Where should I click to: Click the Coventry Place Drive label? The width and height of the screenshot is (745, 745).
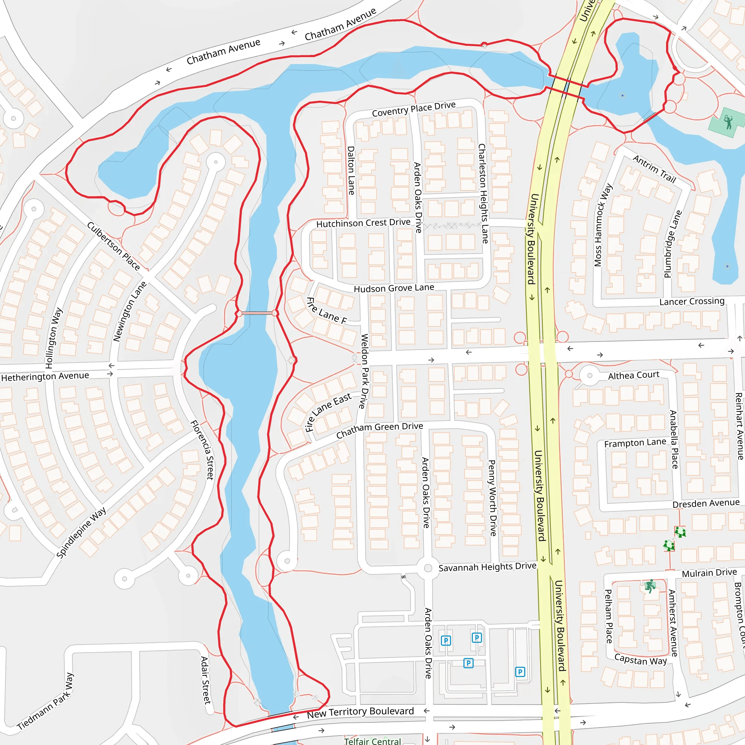coord(413,109)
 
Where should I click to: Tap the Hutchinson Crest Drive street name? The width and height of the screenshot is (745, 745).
coord(363,223)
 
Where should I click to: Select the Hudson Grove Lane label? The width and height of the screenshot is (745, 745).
coord(394,288)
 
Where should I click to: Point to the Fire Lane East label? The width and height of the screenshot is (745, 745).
coord(328,411)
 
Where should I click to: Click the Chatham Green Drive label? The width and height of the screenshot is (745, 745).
coord(379,430)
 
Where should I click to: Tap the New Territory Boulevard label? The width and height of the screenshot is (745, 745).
coord(360,713)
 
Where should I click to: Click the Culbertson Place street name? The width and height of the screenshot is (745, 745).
coord(113,246)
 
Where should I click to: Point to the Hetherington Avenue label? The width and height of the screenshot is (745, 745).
coord(45,377)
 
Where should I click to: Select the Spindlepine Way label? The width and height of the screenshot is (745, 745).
coord(81,533)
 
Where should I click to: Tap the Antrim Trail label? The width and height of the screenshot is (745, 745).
coord(654,169)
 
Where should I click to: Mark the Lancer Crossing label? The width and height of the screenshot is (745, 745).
coord(692,301)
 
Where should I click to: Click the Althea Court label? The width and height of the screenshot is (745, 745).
coord(634,375)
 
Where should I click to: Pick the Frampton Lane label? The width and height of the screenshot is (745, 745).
coord(635,443)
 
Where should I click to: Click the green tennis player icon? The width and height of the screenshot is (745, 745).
coord(728,122)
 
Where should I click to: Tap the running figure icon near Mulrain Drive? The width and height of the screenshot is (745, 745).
coord(650,586)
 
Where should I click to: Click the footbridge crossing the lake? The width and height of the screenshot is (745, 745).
coord(257,313)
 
